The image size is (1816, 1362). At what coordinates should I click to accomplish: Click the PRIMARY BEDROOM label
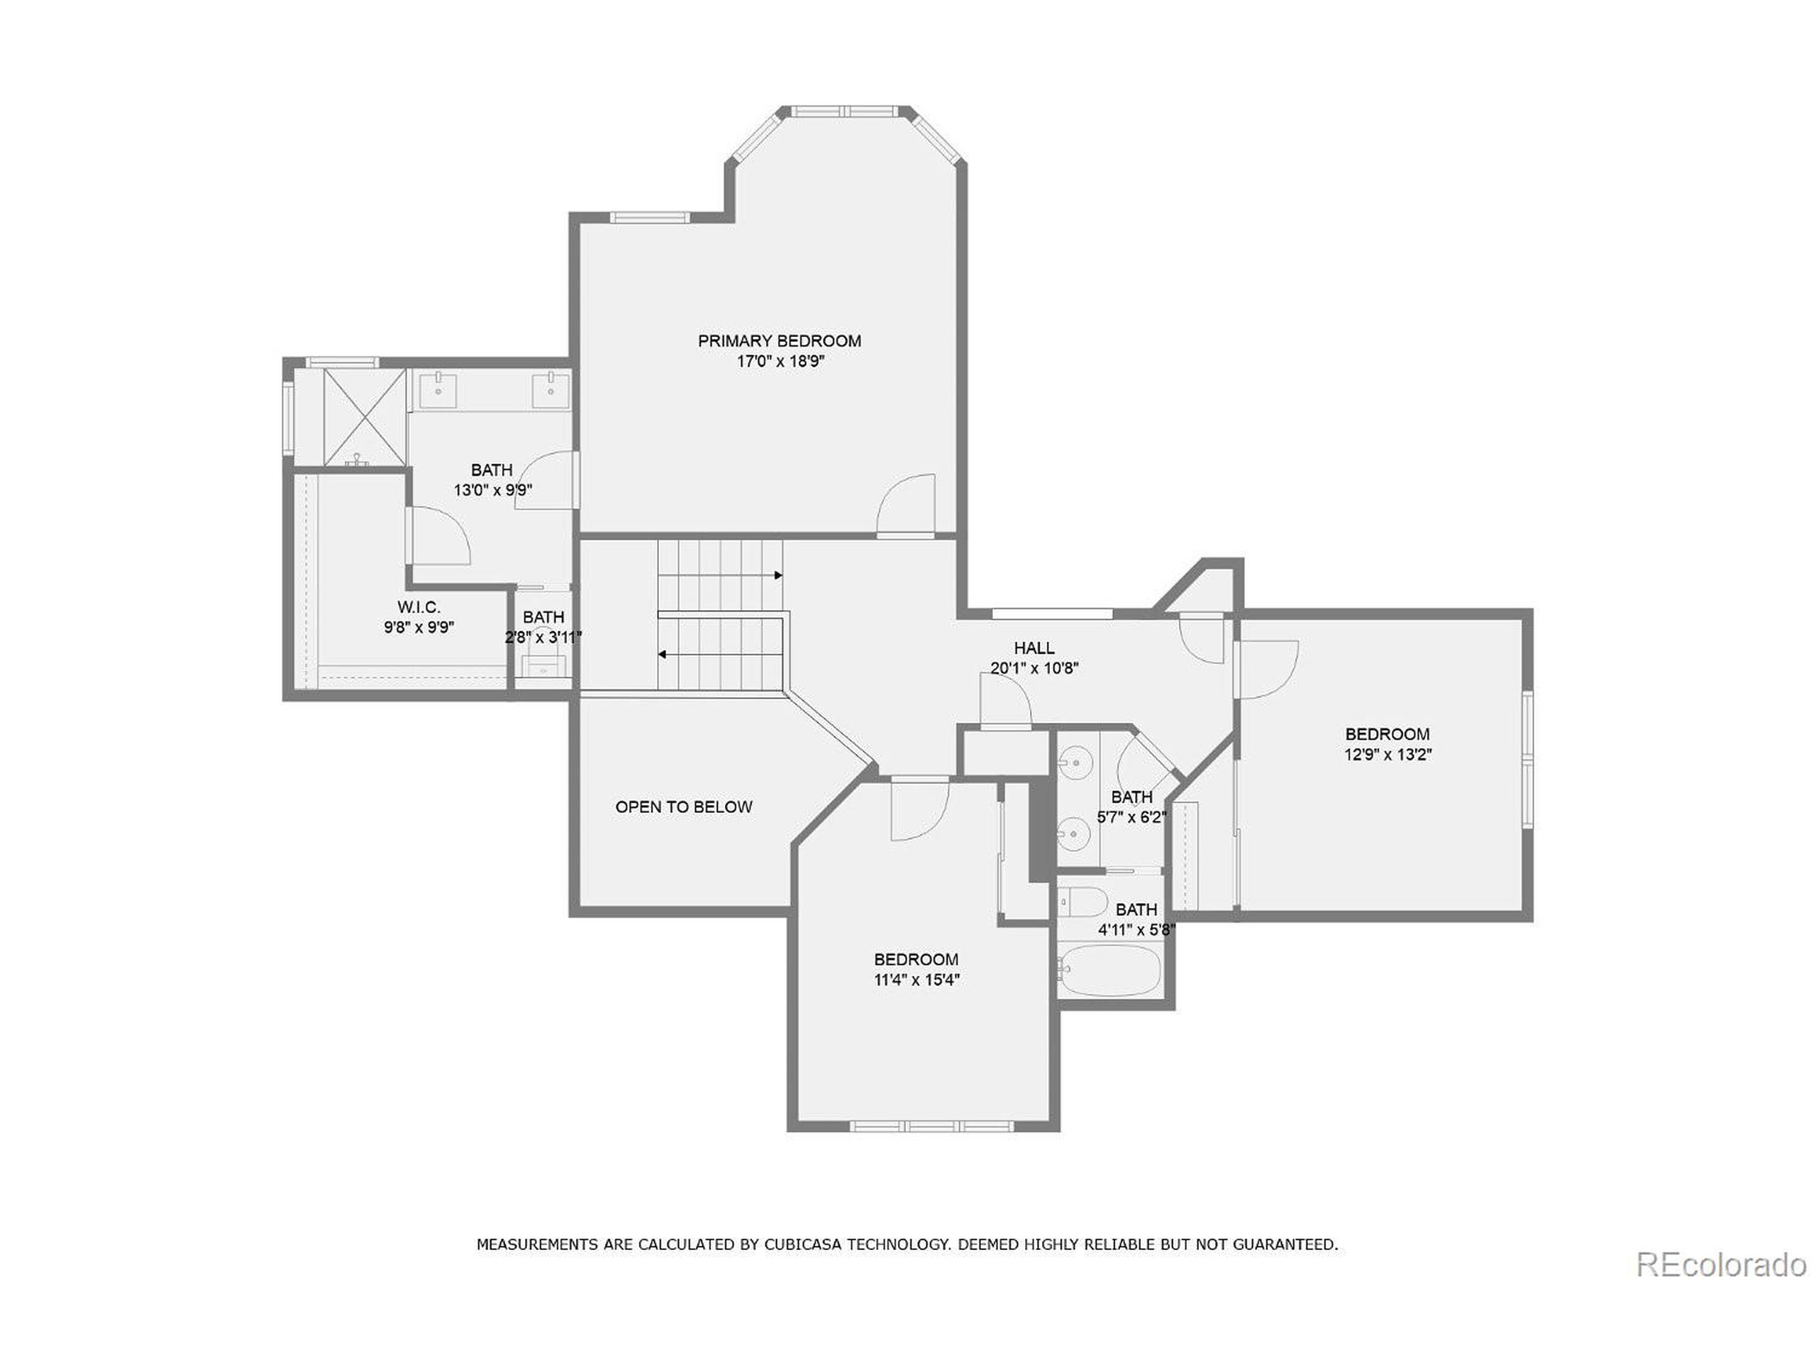779,340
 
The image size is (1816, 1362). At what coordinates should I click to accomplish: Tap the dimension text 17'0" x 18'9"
779,362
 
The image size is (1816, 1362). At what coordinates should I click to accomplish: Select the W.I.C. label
419,607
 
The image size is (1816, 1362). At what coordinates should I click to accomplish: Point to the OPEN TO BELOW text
683,807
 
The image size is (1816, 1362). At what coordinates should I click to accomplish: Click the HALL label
1034,648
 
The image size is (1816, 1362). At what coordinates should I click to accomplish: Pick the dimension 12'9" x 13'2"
1388,755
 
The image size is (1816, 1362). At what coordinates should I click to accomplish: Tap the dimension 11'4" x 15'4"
917,980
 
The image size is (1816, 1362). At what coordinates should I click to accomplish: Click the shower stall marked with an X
365,417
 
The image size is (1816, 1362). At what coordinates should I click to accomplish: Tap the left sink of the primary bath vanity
438,390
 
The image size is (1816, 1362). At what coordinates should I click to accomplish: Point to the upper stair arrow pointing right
777,575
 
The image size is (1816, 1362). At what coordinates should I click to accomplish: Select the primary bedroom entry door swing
908,506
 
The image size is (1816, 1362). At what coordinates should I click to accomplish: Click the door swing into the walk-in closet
439,536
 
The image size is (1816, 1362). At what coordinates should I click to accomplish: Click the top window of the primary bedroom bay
846,110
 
